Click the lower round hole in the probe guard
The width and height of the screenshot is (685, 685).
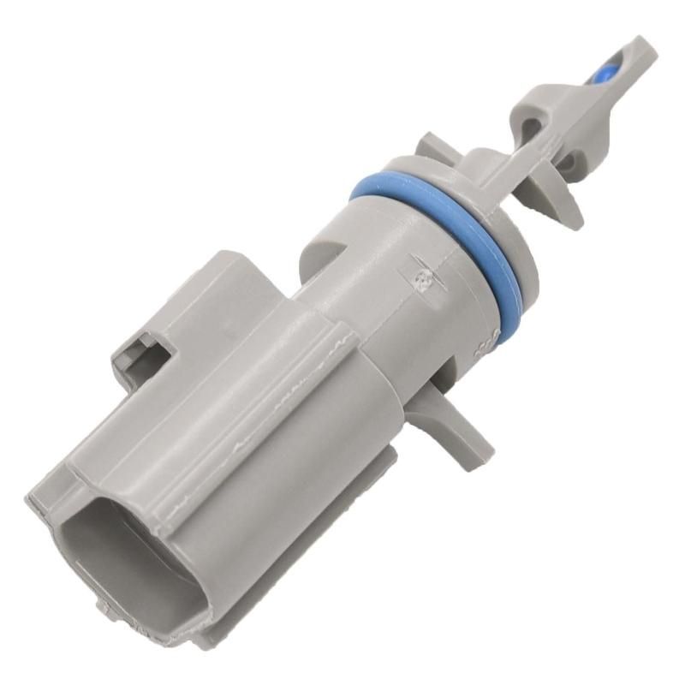pos(565,161)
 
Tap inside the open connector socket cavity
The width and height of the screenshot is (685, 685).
pos(128,548)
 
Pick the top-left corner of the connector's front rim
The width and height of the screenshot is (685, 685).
pos(39,497)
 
